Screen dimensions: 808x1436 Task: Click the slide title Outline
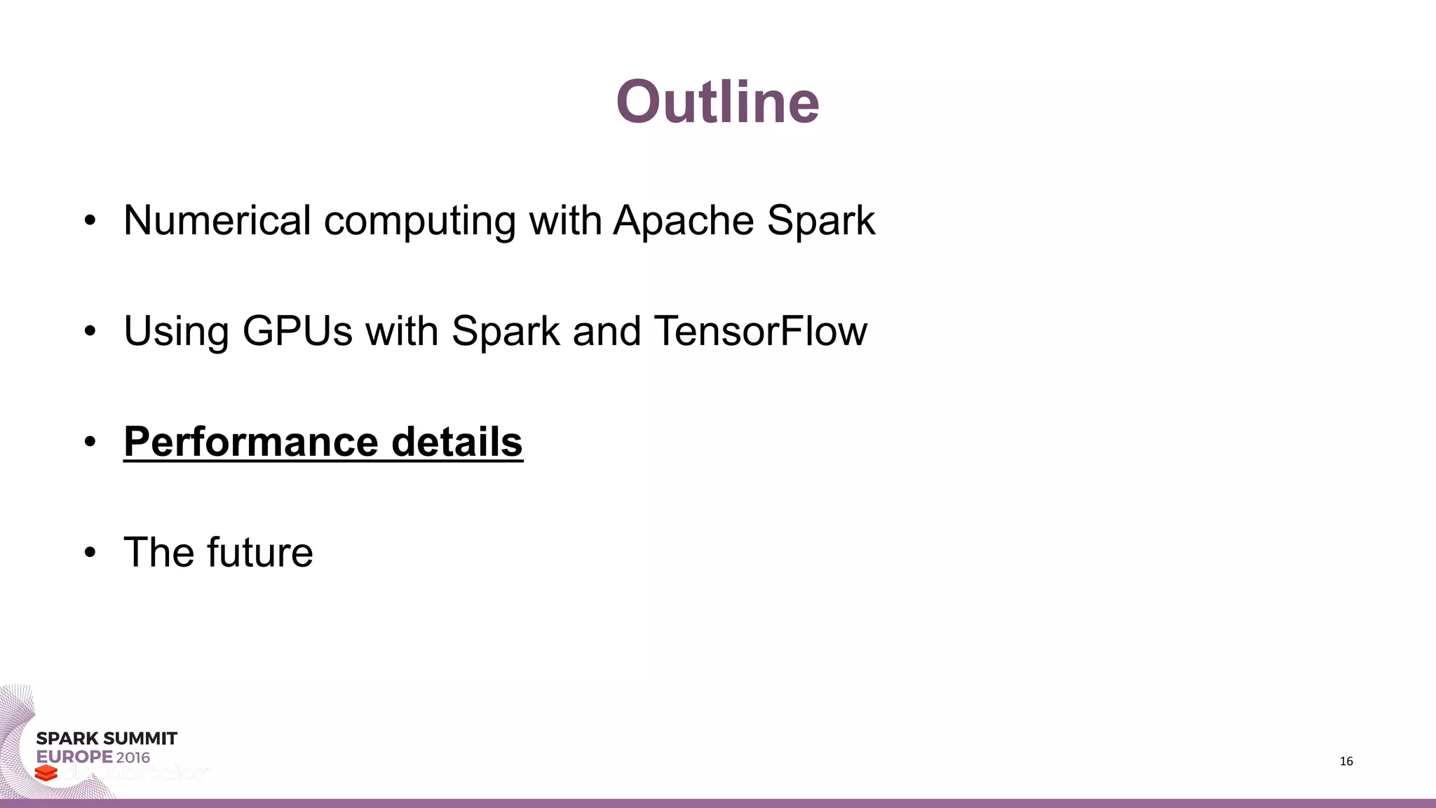pyautogui.click(x=717, y=102)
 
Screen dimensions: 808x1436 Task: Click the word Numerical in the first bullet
pyautogui.click(x=217, y=220)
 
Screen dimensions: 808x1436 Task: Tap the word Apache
pyautogui.click(x=684, y=220)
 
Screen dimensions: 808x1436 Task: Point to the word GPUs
pyautogui.click(x=297, y=331)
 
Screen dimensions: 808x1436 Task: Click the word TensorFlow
pyautogui.click(x=760, y=331)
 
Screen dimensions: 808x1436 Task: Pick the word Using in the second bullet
pyautogui.click(x=176, y=332)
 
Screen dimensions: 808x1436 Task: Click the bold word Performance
pyautogui.click(x=250, y=442)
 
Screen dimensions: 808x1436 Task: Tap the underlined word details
pyautogui.click(x=456, y=442)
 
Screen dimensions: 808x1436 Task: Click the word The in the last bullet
pyautogui.click(x=158, y=552)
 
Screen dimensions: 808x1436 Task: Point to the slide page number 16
pyautogui.click(x=1346, y=762)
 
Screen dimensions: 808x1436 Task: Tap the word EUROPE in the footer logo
pyautogui.click(x=74, y=757)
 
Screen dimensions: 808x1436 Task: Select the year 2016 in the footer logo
pyautogui.click(x=133, y=757)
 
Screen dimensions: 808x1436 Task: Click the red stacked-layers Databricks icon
pyautogui.click(x=46, y=773)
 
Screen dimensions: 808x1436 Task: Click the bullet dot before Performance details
pyautogui.click(x=89, y=443)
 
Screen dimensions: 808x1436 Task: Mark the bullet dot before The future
pyautogui.click(x=89, y=553)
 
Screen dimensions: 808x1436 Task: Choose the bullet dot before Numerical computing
pyautogui.click(x=89, y=221)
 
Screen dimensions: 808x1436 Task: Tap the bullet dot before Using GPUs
pyautogui.click(x=89, y=332)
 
